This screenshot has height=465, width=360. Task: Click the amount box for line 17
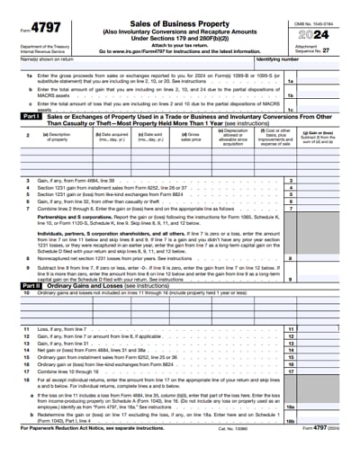coord(325,396)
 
